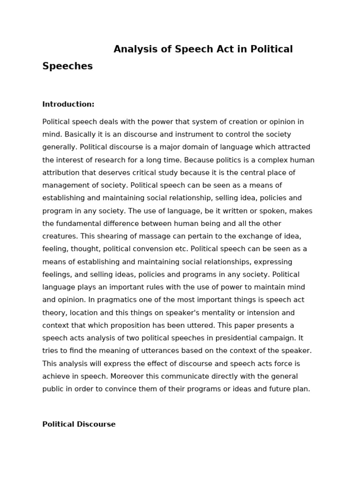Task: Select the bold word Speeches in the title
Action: (x=67, y=66)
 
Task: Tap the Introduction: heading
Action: (x=68, y=104)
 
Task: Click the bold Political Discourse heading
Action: (x=79, y=424)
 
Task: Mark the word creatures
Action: (x=59, y=236)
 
